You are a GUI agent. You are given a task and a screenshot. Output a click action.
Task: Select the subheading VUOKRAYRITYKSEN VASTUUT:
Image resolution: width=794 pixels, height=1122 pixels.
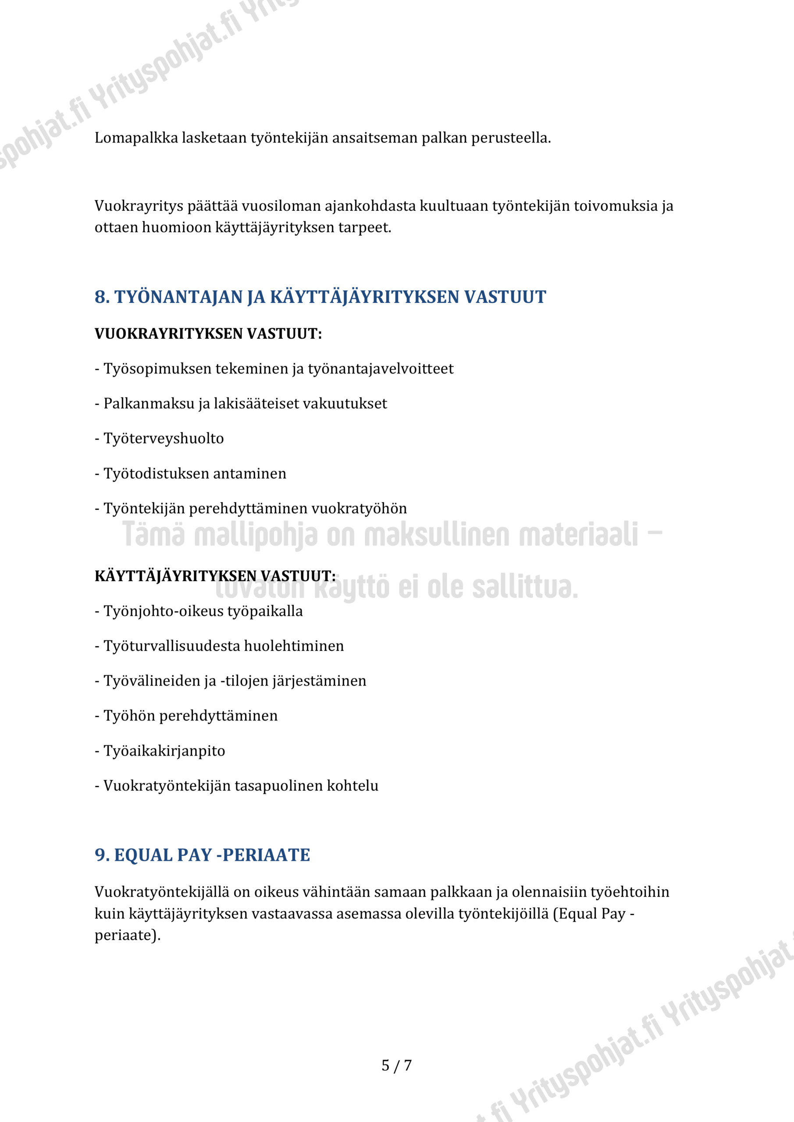pyautogui.click(x=208, y=334)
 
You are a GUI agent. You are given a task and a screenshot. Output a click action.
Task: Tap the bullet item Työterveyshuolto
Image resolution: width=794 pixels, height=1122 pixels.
pyautogui.click(x=163, y=439)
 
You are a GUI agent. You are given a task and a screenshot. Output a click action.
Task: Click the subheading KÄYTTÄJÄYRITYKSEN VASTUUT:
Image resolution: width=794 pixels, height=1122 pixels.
pyautogui.click(x=215, y=577)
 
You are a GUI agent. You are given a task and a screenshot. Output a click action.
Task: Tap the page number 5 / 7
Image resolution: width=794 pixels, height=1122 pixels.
pyautogui.click(x=396, y=1065)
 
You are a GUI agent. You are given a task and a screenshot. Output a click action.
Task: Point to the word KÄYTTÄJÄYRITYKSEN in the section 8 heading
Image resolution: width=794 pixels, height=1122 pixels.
pyautogui.click(x=364, y=297)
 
